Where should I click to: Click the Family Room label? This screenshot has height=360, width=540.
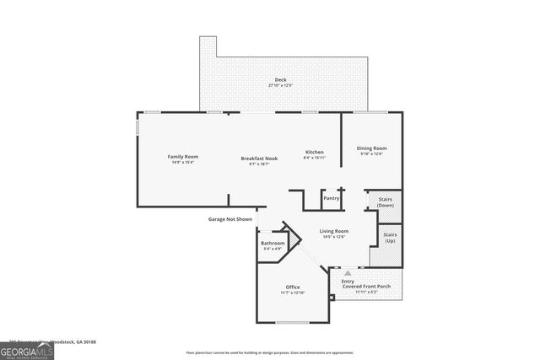pos(182,157)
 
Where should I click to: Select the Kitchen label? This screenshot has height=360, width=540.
pos(315,153)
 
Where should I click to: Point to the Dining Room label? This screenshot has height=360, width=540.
pos(372,148)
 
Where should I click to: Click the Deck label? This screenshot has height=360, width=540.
pos(280,80)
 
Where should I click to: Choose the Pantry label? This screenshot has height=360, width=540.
pos(332,198)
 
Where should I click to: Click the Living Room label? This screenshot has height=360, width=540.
pos(334,231)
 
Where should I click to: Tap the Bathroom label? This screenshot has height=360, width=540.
pos(273,243)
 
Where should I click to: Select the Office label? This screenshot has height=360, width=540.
pos(292,287)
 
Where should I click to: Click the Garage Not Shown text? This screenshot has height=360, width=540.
pos(230,219)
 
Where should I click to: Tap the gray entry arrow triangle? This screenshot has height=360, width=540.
pos(347,273)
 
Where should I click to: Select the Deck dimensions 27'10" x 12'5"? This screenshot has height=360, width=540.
pos(280,86)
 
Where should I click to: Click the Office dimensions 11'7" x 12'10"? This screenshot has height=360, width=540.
pos(292,293)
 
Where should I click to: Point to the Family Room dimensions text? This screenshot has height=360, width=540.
pos(182,163)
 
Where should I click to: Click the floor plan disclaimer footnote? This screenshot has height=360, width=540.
pos(270,352)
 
